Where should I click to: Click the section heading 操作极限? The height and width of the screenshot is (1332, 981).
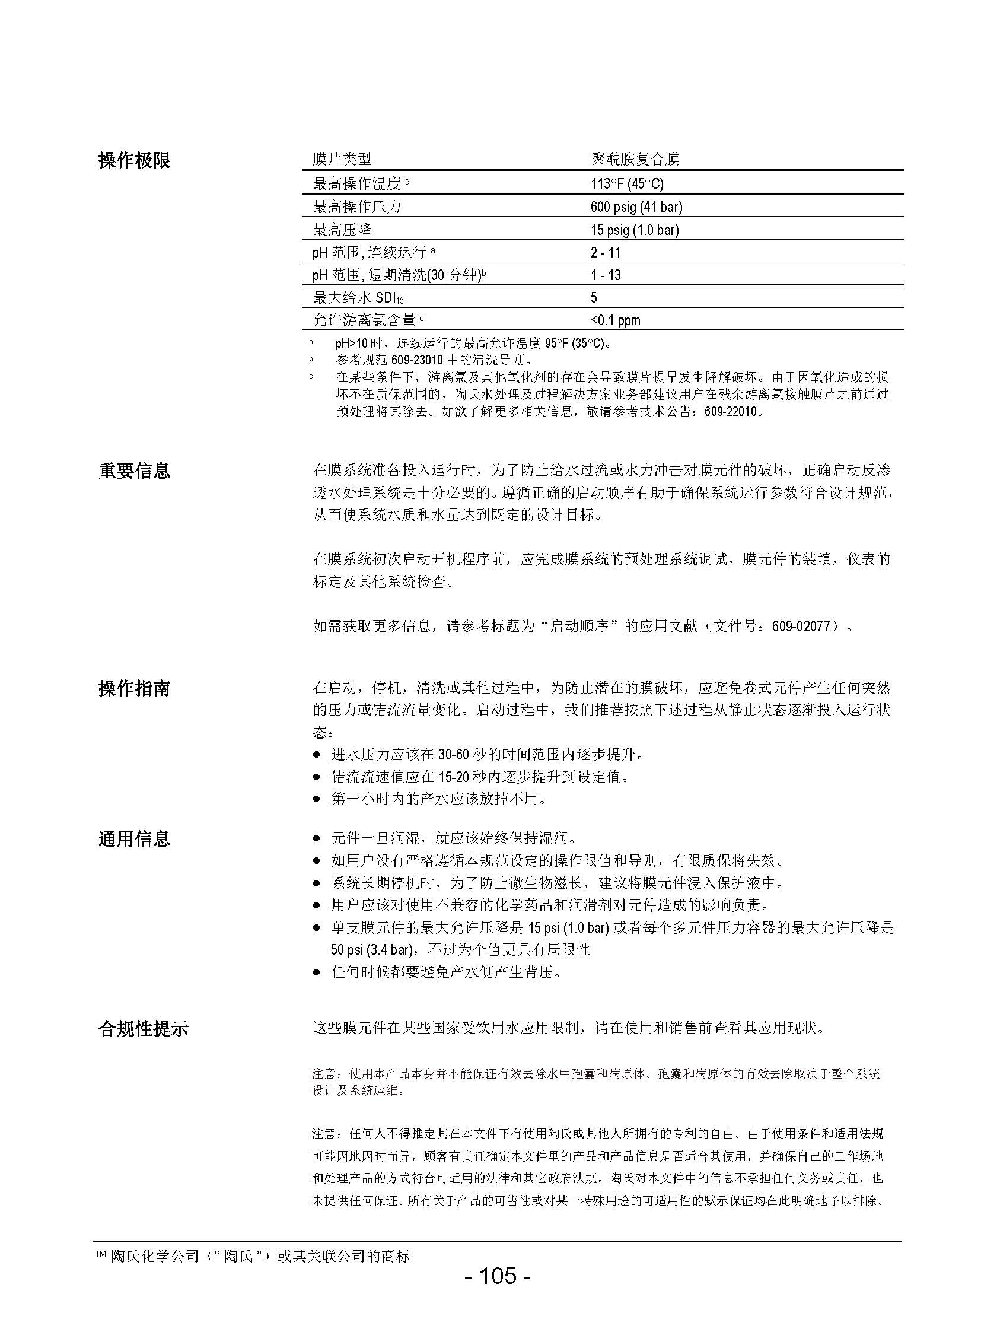coord(134,160)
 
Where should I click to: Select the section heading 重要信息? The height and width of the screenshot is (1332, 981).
coord(134,471)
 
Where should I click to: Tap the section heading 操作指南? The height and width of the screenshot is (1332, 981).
coord(134,689)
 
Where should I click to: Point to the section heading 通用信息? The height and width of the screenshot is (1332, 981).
coord(134,838)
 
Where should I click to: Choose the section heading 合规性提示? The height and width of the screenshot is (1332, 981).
coord(143,1029)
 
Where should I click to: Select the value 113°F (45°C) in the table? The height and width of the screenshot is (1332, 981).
coord(627,183)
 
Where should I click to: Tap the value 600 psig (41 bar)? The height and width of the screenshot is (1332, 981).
coord(636,206)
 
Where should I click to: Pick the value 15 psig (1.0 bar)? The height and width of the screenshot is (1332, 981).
coord(634,230)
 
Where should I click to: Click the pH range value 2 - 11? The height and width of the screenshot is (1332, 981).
coord(605,253)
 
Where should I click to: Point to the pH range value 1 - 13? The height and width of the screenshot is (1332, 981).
coord(605,275)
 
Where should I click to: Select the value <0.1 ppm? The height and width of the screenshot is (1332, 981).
coord(615,321)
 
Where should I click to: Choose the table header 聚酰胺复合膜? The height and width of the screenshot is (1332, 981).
coord(635,159)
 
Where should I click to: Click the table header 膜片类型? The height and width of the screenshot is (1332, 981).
coord(342,159)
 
